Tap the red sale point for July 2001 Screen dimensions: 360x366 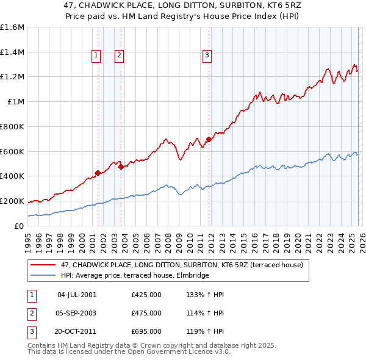98,173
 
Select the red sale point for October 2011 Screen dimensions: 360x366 209,139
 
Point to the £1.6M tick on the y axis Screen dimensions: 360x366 13,27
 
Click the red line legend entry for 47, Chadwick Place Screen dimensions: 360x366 178,265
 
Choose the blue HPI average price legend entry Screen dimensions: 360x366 134,275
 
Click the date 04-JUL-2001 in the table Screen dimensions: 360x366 77,295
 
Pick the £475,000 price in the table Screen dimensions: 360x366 146,313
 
